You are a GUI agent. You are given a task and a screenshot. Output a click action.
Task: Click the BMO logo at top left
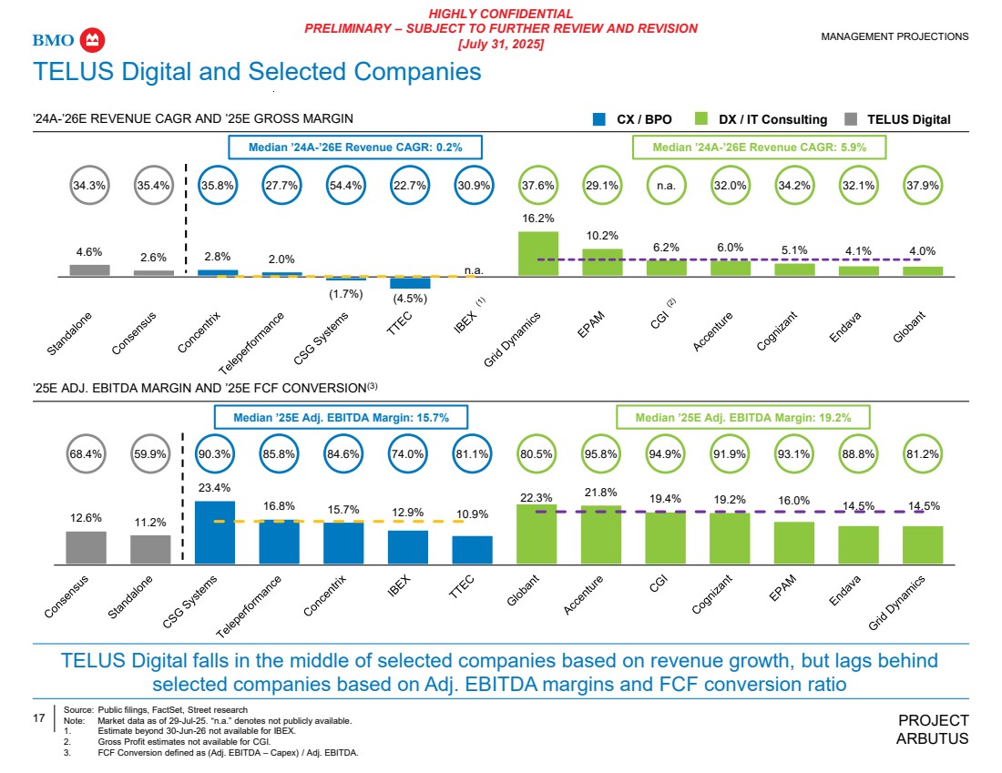(x=70, y=40)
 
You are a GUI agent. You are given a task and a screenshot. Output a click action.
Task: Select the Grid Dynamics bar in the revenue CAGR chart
(x=537, y=253)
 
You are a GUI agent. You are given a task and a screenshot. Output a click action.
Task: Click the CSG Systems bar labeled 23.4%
(x=215, y=533)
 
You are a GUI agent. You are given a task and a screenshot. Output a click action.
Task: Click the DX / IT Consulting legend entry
(x=762, y=119)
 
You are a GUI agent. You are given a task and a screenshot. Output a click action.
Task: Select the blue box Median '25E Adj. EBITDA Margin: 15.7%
(x=343, y=417)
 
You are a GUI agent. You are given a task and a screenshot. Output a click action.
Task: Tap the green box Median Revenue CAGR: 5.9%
(x=759, y=146)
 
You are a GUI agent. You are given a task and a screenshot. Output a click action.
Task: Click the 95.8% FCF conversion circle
(x=601, y=453)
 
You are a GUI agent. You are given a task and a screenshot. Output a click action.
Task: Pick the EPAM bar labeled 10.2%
(x=602, y=262)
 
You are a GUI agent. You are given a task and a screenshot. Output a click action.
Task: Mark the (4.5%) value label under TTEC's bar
(x=409, y=298)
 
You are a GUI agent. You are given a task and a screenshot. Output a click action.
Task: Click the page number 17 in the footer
(x=39, y=719)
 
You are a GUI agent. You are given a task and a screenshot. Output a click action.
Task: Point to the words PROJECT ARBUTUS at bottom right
(x=933, y=729)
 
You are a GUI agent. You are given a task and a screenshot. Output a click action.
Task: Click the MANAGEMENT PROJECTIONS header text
(x=895, y=36)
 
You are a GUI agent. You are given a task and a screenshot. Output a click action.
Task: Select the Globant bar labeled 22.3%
(x=537, y=534)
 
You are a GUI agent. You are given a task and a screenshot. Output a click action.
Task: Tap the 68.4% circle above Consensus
(x=87, y=453)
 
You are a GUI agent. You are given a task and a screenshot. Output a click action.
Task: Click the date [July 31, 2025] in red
(x=500, y=44)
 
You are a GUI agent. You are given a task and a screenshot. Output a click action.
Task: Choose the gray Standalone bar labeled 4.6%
(x=89, y=270)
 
